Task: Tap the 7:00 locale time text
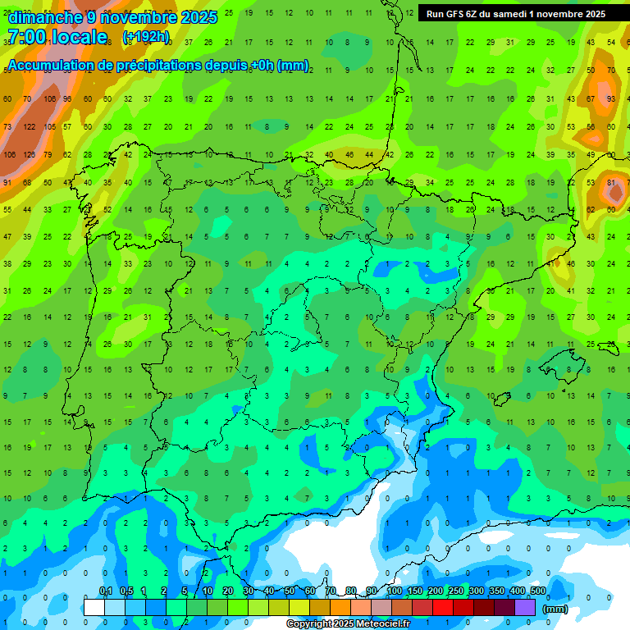57,37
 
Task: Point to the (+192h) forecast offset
146,36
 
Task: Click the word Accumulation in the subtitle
51,65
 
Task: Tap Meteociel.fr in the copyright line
377,623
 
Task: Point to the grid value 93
610,99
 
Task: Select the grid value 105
49,127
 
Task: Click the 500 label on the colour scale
538,591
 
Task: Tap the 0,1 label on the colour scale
105,591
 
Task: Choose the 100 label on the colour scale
395,591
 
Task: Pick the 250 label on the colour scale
456,591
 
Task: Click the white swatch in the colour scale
94,607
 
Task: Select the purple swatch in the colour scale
525,607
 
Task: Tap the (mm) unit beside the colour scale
555,609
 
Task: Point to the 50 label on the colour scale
290,591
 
